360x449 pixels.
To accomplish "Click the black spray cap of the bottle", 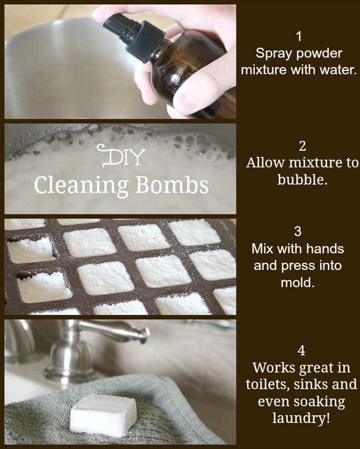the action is [134, 36].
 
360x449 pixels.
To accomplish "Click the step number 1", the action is [299, 37].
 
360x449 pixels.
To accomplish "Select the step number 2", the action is [302, 146].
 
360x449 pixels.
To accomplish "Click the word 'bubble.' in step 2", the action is [302, 180].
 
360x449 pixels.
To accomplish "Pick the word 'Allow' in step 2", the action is [265, 163].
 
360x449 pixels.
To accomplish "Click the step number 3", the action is [298, 231].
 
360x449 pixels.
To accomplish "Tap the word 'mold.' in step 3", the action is [297, 283].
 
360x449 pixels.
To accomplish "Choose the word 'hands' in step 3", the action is [327, 248].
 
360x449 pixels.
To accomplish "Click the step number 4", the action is [301, 350].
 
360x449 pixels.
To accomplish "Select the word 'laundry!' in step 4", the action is [301, 418].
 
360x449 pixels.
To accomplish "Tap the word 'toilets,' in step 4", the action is [268, 384].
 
